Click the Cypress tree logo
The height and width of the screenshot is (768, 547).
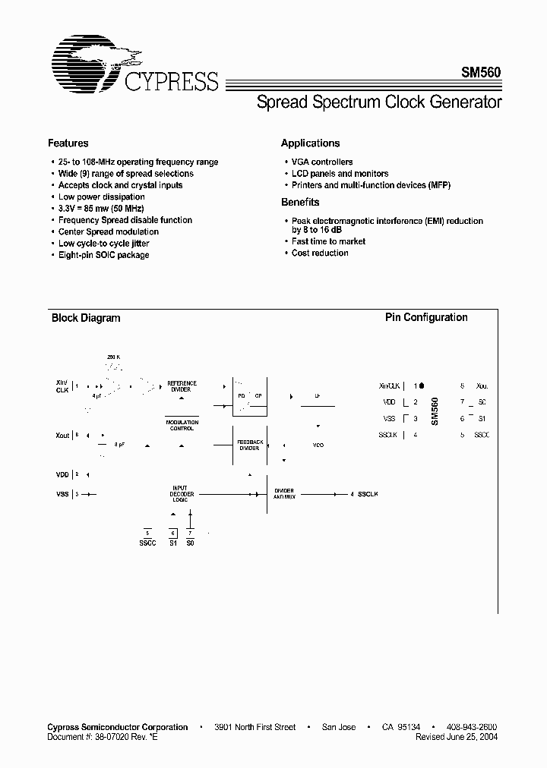[91, 61]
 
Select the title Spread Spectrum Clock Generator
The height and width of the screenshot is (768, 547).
[379, 102]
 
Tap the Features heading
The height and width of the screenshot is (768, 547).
[68, 143]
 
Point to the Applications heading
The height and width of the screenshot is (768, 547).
[310, 143]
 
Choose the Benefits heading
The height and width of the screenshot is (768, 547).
[300, 202]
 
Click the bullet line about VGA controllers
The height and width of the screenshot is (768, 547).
[322, 162]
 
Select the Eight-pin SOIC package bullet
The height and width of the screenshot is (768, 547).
[103, 255]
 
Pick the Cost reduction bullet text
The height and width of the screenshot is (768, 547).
[320, 253]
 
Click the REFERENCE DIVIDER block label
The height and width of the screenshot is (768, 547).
[182, 386]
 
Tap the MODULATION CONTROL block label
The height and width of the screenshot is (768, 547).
[182, 426]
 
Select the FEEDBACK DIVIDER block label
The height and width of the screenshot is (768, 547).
[249, 445]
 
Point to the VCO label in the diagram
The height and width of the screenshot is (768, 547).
[318, 445]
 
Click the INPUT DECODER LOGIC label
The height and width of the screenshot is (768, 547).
[182, 494]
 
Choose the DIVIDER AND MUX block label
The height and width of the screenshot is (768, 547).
[284, 494]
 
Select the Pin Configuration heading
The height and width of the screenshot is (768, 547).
[426, 317]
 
